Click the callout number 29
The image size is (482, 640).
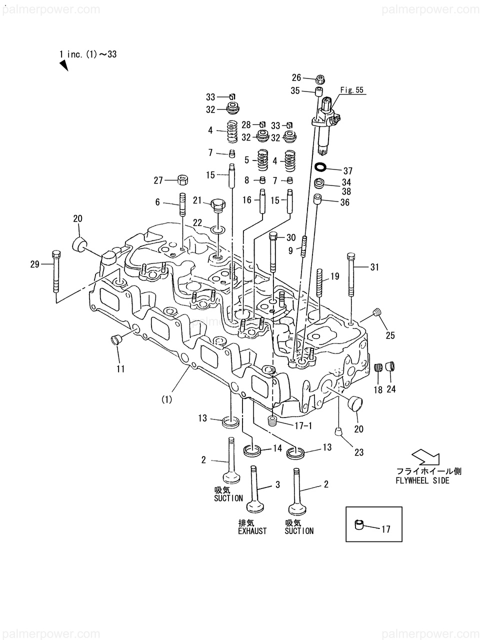coord(34,264)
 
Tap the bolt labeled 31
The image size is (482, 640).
coord(351,274)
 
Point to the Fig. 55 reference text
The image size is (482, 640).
coord(351,90)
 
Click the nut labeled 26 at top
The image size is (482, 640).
coord(320,78)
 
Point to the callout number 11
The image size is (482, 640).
coord(120,369)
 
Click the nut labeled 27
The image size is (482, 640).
coord(182,179)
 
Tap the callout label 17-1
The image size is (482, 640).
coord(303,426)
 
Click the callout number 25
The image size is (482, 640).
coord(390,335)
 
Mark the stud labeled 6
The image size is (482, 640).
coord(182,204)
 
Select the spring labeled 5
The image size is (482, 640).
coord(262,160)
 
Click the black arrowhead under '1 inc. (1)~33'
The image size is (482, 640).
coord(64,65)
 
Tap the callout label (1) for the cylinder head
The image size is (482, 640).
coord(167,399)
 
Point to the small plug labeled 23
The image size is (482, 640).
coord(338,431)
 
